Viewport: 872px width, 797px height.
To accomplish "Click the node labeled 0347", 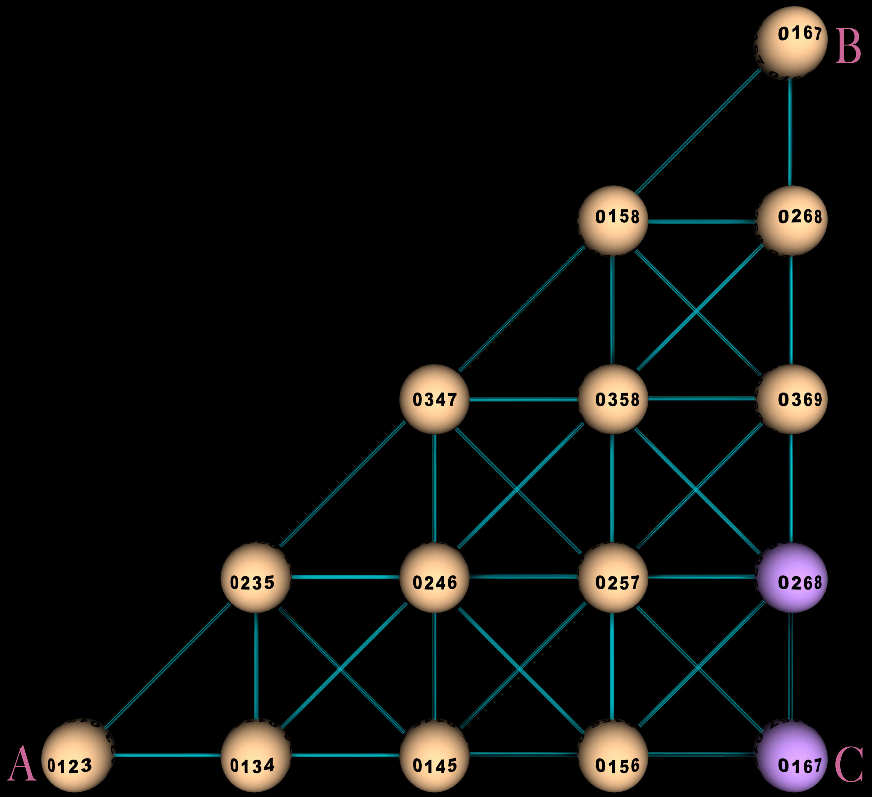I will pos(435,399).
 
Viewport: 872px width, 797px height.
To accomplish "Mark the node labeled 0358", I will pos(613,399).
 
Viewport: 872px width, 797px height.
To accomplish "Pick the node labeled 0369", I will pos(791,399).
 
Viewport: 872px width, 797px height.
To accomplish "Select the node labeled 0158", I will pos(613,221).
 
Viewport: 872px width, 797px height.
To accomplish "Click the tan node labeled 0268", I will pos(791,221).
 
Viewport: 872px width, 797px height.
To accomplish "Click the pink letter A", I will pos(22,764).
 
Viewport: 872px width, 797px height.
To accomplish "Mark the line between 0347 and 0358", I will pos(524,399).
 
